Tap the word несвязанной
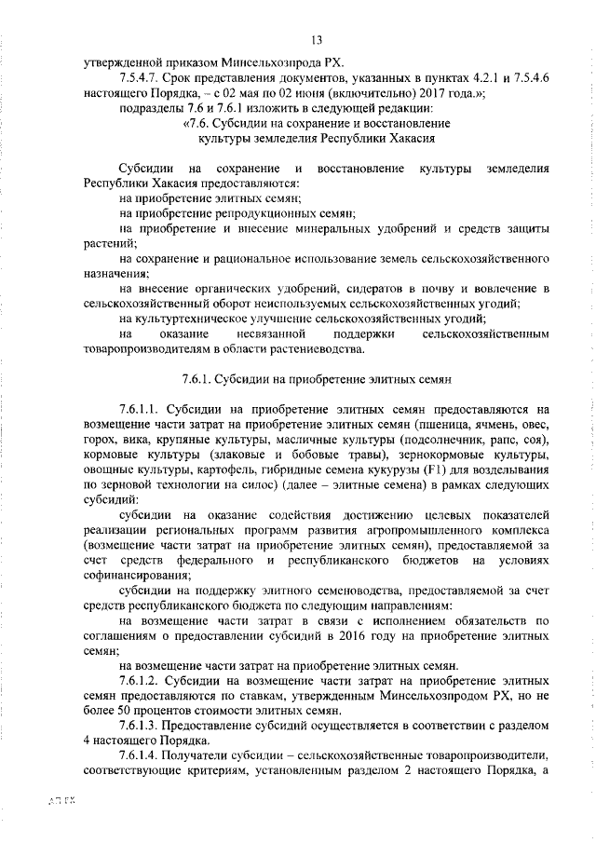(x=272, y=333)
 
